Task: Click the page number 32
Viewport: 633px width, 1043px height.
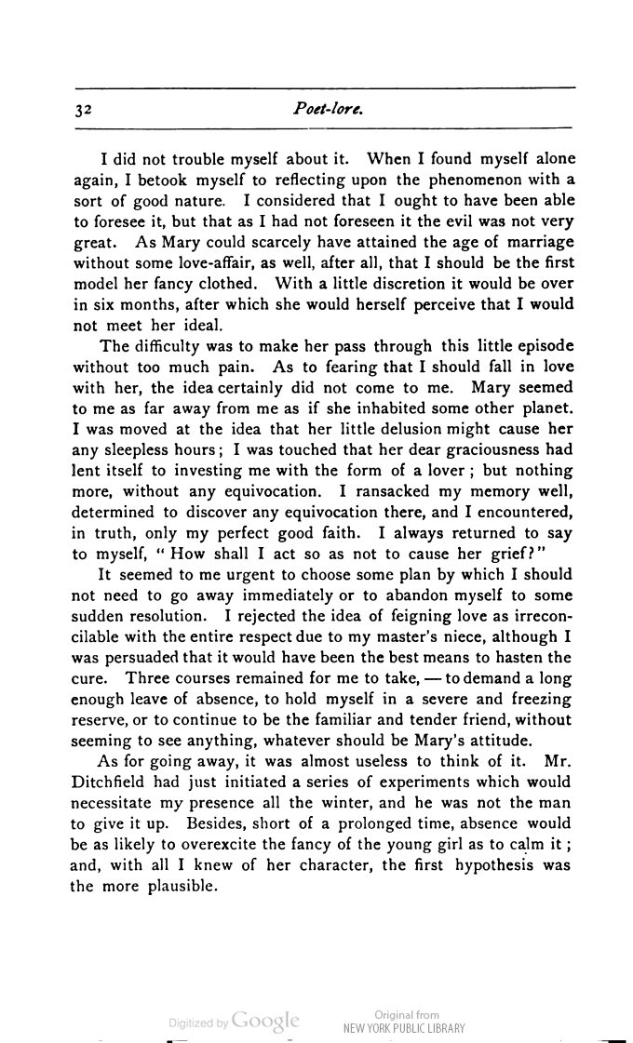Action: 82,110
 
